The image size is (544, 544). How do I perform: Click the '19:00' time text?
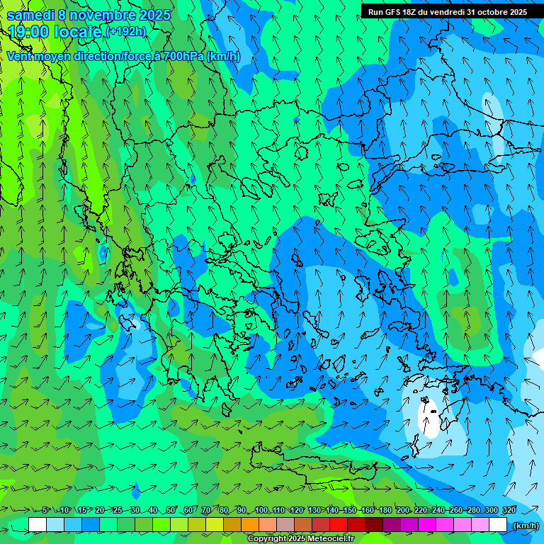pyautogui.click(x=28, y=32)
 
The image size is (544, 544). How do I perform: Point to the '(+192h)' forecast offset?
pyautogui.click(x=126, y=31)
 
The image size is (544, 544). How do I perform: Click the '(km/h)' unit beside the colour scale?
pyautogui.click(x=525, y=526)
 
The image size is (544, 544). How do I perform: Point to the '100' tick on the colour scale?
pyautogui.click(x=261, y=510)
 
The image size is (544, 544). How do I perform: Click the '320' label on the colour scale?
pyautogui.click(x=509, y=510)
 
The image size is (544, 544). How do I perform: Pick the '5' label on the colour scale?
pyautogui.click(x=45, y=510)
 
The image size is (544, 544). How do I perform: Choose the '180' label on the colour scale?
pyautogui.click(x=385, y=510)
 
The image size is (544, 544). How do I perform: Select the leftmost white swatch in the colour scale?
pyautogui.click(x=38, y=525)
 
